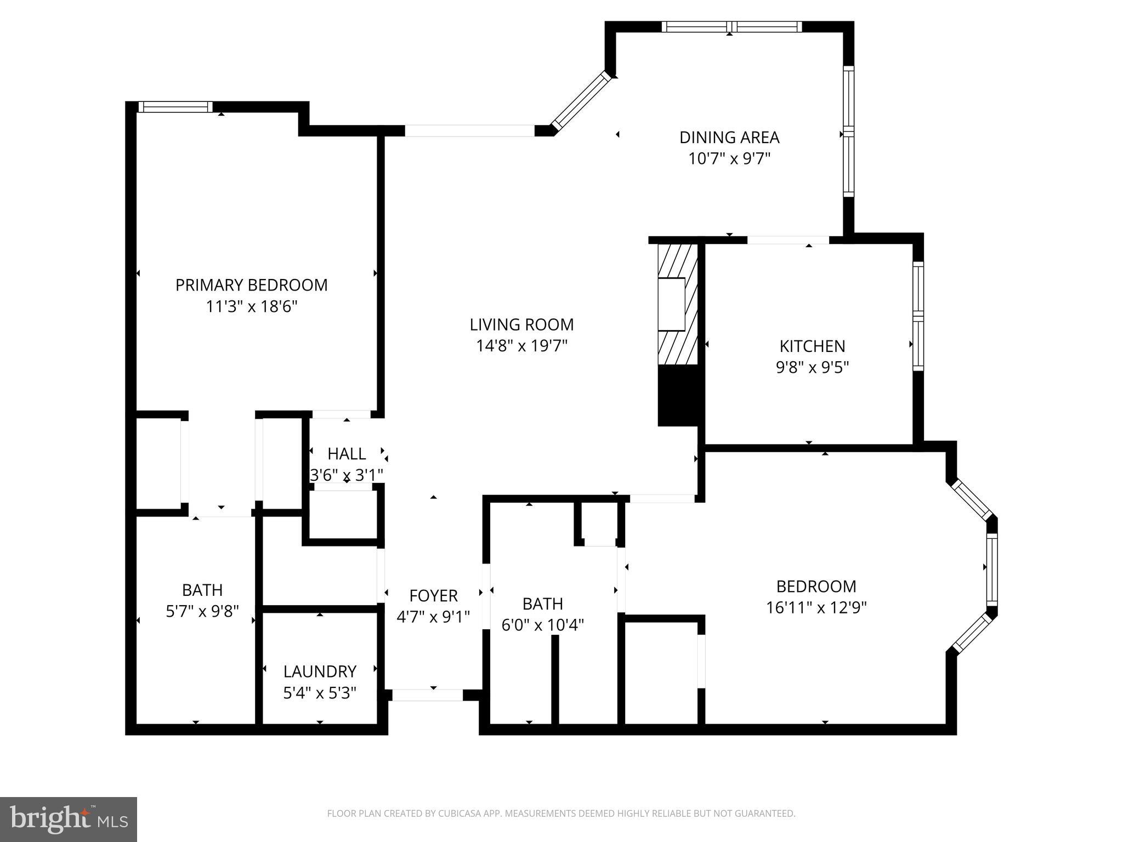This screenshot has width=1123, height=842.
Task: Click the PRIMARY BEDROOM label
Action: (251, 285)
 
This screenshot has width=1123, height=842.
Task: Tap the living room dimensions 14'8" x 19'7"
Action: (521, 346)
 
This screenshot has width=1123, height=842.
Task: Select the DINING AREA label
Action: (729, 137)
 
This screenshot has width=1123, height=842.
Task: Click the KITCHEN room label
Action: (812, 346)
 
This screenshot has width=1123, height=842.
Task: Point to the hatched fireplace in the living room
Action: (678, 304)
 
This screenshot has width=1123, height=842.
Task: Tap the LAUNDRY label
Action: (320, 672)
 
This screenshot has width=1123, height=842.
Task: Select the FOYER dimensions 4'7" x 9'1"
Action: (433, 617)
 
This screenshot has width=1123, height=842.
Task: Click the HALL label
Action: (347, 454)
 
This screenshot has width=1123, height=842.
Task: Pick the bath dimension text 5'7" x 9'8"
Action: (202, 611)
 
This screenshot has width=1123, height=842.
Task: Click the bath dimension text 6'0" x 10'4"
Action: (542, 625)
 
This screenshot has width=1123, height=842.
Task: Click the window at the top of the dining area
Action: (731, 27)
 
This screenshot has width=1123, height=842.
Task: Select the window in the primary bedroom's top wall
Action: (175, 107)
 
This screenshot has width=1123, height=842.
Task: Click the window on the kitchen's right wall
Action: (918, 316)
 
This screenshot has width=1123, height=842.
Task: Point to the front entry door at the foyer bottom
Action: (428, 695)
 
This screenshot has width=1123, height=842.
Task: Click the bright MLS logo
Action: (69, 819)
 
